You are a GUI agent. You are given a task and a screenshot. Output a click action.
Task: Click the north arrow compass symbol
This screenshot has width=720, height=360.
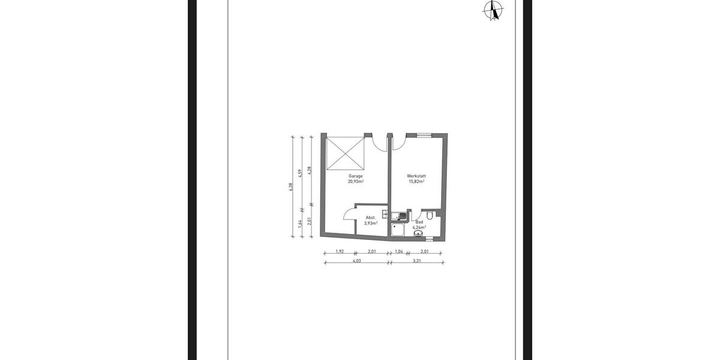pyautogui.click(x=494, y=10)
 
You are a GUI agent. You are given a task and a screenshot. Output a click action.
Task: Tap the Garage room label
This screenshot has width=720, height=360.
pyautogui.click(x=356, y=176)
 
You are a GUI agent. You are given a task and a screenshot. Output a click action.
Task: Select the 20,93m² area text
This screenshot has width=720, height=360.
pyautogui.click(x=356, y=181)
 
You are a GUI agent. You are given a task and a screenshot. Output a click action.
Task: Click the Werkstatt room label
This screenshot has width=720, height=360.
pyautogui.click(x=416, y=176)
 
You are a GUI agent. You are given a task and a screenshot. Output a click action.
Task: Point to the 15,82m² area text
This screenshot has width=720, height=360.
pyautogui.click(x=416, y=181)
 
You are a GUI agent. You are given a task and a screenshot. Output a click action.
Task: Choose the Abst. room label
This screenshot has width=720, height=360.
pyautogui.click(x=371, y=217)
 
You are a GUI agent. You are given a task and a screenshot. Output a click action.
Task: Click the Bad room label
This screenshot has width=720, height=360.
pyautogui.click(x=419, y=222)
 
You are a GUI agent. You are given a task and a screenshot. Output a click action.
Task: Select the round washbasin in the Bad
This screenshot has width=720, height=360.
pyautogui.click(x=418, y=235)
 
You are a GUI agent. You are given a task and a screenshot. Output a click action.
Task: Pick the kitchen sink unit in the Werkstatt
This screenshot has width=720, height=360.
pyautogui.click(x=398, y=215)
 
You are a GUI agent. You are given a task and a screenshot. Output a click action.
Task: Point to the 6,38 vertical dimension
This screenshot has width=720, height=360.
pyautogui.click(x=291, y=187)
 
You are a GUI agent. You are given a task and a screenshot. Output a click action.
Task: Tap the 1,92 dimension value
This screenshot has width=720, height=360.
pyautogui.click(x=339, y=251)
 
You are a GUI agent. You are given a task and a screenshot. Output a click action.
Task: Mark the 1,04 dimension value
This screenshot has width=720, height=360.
pyautogui.click(x=398, y=251)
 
